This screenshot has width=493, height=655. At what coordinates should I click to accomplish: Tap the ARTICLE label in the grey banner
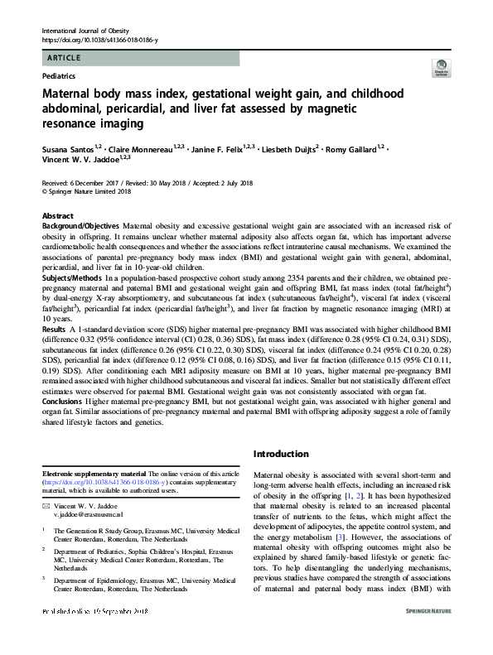(x=64, y=58)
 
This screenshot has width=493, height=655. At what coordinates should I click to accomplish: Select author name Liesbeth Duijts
(x=288, y=147)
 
